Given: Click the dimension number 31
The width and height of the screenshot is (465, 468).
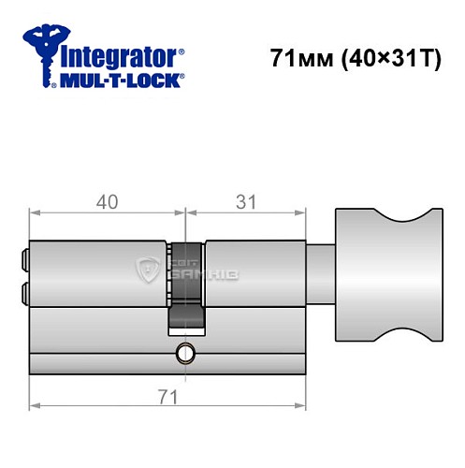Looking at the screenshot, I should pos(245,201).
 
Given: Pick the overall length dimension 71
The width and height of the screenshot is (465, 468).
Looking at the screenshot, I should pos(168,395).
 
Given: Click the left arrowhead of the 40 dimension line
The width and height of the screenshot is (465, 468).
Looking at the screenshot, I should pos(34,214).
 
